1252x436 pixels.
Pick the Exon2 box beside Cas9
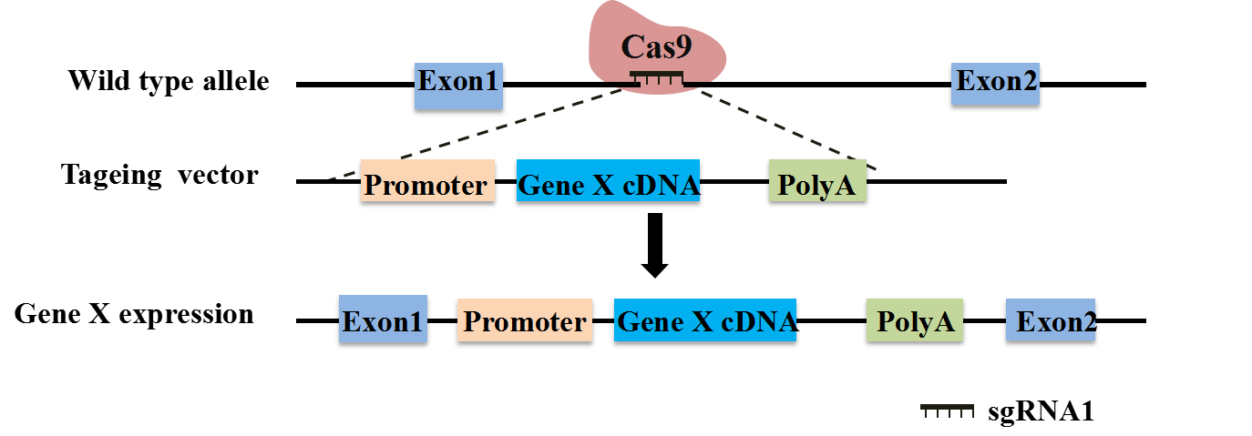click(995, 83)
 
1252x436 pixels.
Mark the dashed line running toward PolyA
click(784, 127)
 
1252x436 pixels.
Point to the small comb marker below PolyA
click(947, 411)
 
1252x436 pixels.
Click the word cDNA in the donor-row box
click(662, 186)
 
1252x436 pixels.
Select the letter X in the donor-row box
click(604, 186)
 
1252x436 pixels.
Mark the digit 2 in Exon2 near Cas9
click(1028, 82)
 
